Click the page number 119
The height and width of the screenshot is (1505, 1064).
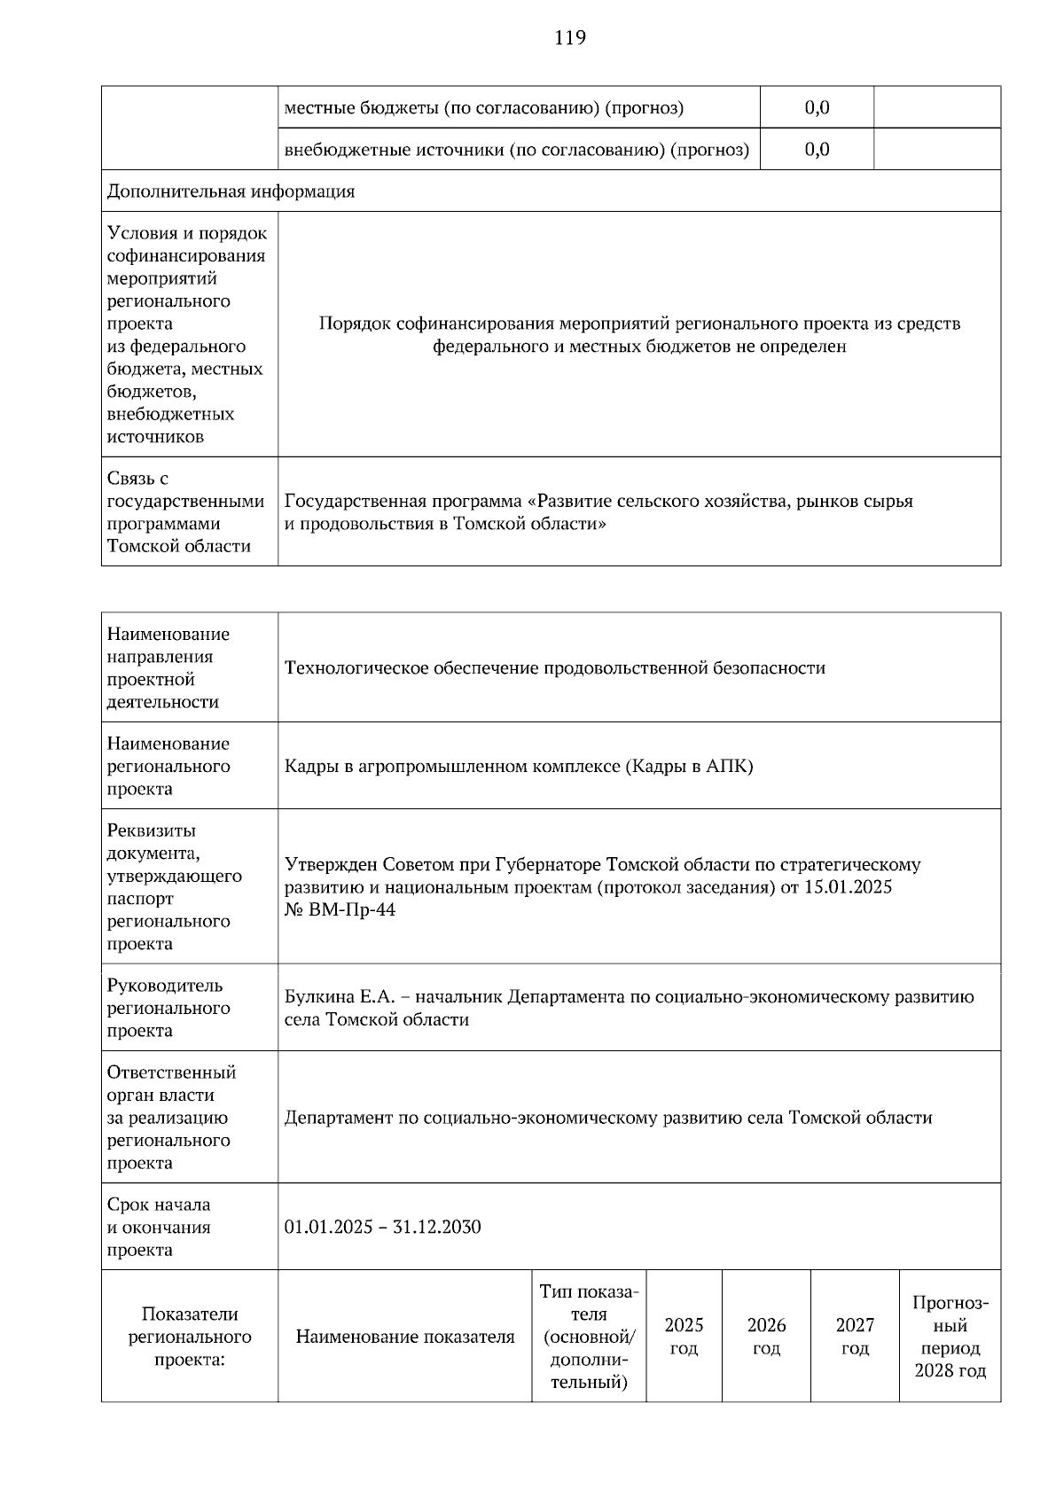tap(570, 38)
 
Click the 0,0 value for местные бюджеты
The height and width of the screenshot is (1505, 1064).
tap(817, 108)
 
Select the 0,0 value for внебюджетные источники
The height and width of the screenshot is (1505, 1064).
tap(817, 150)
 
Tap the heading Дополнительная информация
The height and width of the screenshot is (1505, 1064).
tap(231, 191)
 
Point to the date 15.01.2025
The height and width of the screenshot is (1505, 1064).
tap(848, 887)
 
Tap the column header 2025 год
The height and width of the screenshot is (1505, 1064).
tap(684, 1337)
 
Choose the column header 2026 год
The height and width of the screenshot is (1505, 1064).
tap(766, 1337)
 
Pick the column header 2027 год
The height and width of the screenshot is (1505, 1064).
tap(855, 1337)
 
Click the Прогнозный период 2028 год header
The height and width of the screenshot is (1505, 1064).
tap(950, 1337)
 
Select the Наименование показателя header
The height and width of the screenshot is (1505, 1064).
tap(404, 1337)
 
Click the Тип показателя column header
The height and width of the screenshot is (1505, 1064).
tap(589, 1337)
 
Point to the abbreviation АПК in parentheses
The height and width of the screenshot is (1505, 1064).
tap(726, 767)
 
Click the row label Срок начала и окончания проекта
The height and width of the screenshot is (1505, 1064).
tap(159, 1228)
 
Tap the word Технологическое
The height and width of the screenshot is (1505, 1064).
tap(356, 668)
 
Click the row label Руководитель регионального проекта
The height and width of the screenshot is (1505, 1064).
tap(168, 1008)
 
